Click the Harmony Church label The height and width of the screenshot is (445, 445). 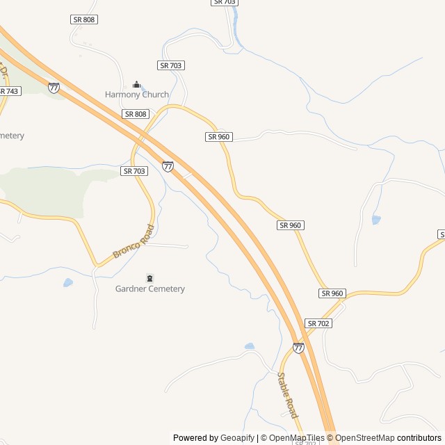137,95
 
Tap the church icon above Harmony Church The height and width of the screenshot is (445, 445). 136,84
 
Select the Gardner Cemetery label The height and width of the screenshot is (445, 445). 150,289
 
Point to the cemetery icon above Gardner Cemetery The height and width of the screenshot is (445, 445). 150,278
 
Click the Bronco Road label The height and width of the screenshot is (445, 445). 132,242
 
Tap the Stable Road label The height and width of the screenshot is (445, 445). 287,394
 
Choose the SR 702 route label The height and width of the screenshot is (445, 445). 318,323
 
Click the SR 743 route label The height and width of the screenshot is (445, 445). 8,91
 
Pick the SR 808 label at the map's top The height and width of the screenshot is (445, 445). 84,19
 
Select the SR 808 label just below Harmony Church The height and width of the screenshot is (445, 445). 136,113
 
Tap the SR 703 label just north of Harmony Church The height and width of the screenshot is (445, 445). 170,65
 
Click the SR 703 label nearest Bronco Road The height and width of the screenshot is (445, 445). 134,170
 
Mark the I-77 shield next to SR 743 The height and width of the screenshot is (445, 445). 54,88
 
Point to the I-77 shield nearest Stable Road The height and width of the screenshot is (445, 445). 298,348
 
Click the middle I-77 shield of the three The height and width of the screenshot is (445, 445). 168,166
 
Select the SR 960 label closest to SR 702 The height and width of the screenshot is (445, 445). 332,293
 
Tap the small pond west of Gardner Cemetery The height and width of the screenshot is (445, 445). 67,283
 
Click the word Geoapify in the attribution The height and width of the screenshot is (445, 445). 238,438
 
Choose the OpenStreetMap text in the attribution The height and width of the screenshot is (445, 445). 365,438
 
